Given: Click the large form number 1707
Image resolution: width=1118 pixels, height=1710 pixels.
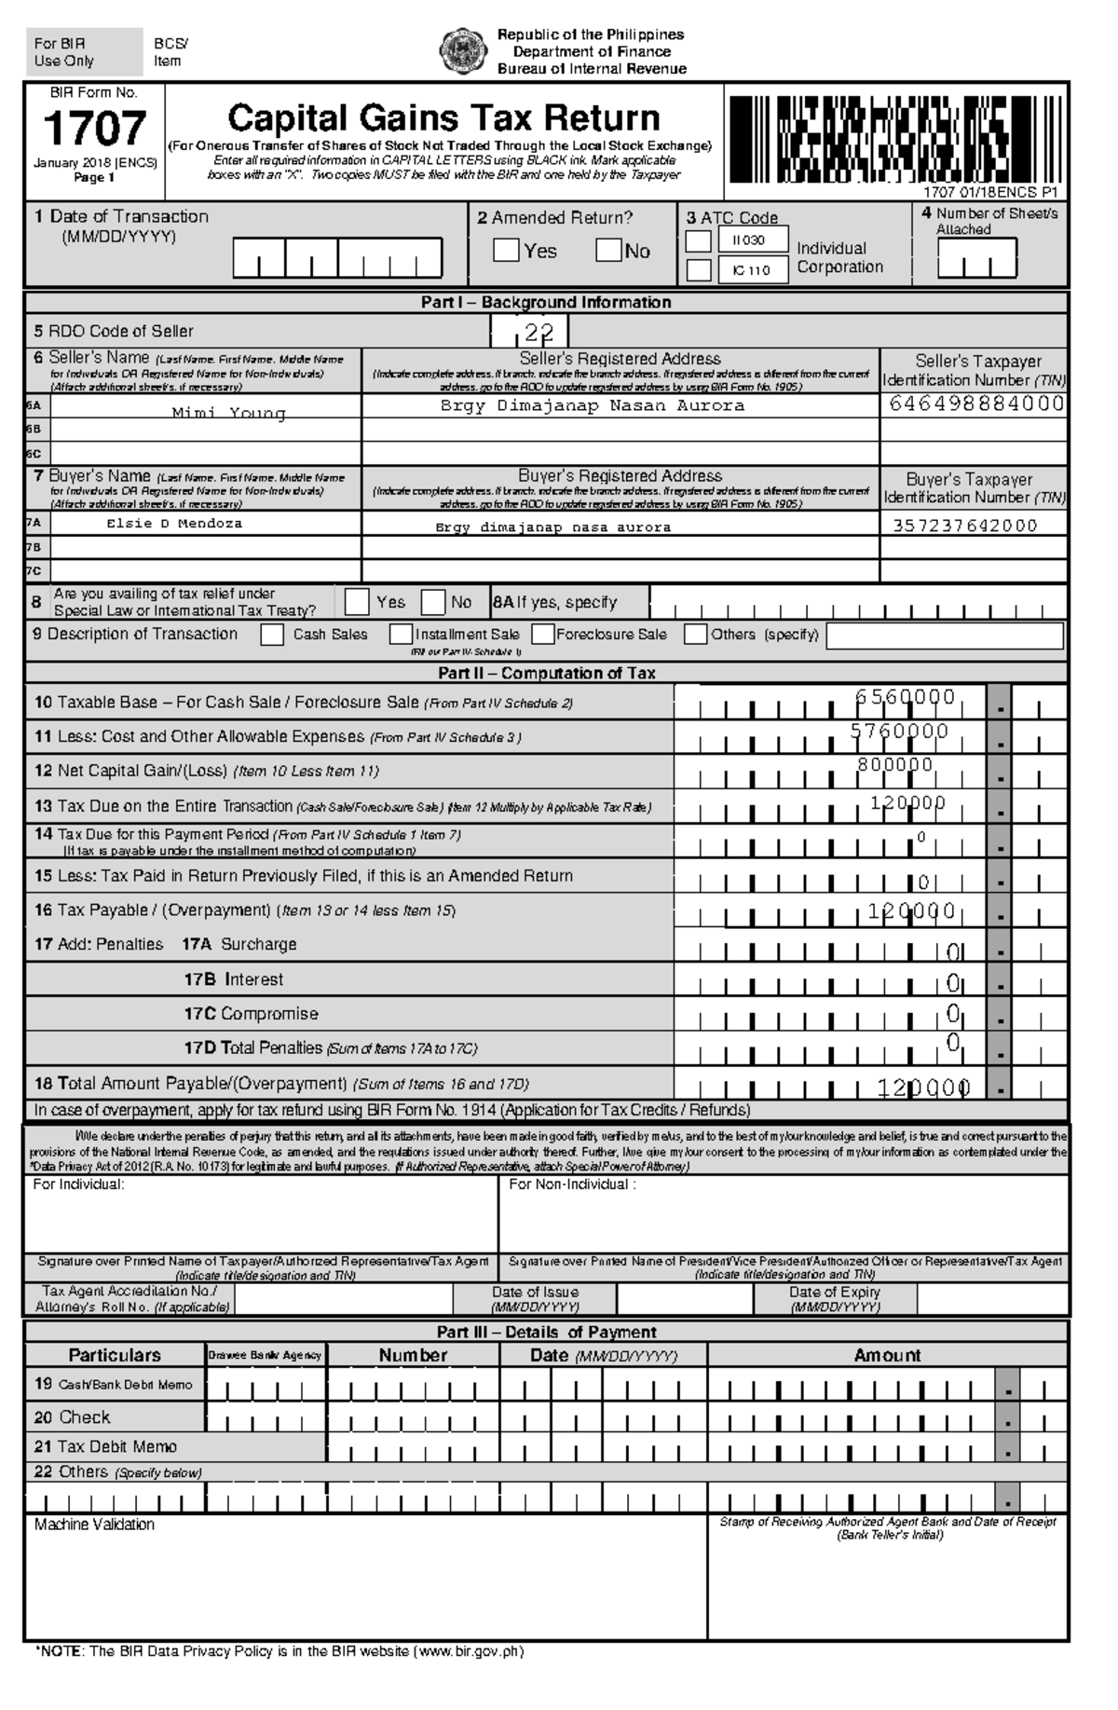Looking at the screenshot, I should [94, 129].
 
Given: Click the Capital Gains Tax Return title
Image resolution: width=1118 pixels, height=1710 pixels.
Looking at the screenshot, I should [443, 118].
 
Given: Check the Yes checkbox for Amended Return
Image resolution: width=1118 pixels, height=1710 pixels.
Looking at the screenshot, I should [506, 251].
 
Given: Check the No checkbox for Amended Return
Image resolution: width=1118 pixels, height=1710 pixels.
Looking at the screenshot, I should [607, 251].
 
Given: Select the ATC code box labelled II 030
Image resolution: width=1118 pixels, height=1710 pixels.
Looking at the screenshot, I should [753, 240].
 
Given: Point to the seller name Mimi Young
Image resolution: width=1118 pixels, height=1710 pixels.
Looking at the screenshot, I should [228, 412].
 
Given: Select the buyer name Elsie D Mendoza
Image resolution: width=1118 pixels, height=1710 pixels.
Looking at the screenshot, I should [174, 524].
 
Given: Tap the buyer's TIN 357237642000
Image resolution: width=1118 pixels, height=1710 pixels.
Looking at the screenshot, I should [964, 525].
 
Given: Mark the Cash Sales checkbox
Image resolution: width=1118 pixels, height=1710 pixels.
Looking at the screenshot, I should [272, 635].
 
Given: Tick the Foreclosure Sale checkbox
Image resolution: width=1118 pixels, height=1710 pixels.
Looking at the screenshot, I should [543, 635].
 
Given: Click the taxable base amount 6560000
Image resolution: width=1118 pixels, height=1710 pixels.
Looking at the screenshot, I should [905, 697].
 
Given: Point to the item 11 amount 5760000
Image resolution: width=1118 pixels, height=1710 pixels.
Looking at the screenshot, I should [899, 732].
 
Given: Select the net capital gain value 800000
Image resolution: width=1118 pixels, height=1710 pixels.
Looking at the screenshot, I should [894, 765].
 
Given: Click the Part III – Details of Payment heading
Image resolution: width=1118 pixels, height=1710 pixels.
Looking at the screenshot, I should [546, 1332].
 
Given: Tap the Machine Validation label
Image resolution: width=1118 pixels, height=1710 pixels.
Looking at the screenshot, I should [94, 1525].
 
